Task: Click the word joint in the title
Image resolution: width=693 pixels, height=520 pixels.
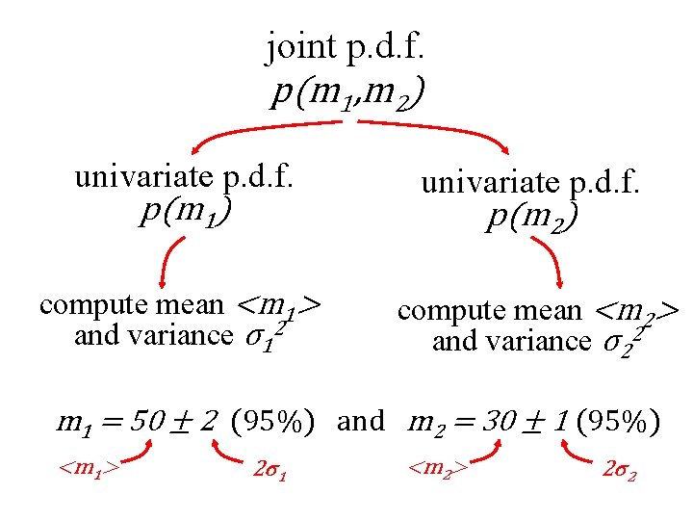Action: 298,45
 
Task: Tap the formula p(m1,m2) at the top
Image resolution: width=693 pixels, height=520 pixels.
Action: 348,93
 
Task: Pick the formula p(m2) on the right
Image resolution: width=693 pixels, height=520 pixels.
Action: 532,220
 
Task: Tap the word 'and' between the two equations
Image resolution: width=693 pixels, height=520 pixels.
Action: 362,422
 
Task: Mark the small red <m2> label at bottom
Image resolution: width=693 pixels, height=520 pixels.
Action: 439,469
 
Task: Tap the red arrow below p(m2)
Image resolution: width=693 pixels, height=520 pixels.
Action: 552,260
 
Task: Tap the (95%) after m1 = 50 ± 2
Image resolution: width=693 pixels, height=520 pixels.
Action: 278,422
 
